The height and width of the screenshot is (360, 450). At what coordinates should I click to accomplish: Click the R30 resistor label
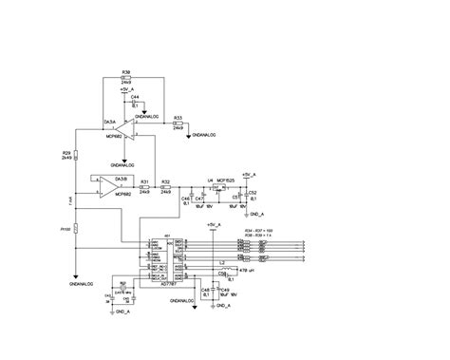[x=126, y=71]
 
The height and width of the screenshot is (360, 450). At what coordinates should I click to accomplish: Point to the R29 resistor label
[x=66, y=152]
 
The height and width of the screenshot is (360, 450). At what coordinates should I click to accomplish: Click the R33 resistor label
[x=177, y=120]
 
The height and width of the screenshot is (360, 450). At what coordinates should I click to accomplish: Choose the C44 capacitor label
[x=135, y=97]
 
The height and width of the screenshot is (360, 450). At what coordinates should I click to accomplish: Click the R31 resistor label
[x=145, y=180]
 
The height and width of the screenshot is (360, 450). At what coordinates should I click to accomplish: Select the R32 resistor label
[x=166, y=180]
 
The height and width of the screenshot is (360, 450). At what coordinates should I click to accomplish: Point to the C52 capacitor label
[x=252, y=191]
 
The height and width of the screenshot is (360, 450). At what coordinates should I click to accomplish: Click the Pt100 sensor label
[x=66, y=229]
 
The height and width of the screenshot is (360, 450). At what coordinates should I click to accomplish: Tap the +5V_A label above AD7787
[x=212, y=224]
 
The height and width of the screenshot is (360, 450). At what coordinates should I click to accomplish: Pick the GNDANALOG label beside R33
[x=205, y=136]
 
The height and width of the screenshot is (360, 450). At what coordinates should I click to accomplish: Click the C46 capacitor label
[x=186, y=198]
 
